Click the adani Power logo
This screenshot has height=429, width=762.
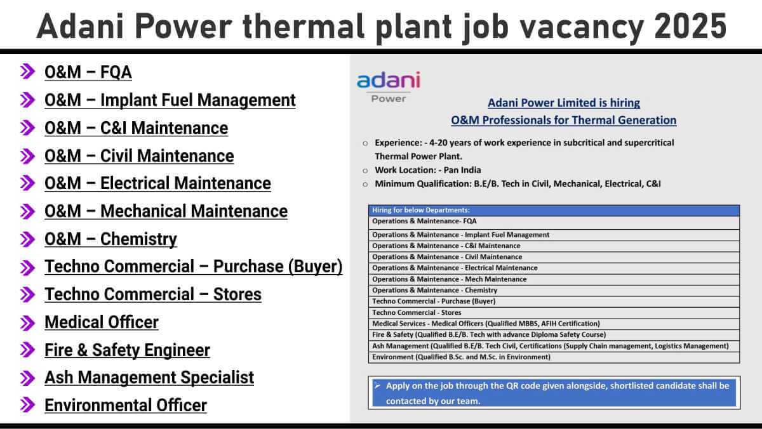(389, 87)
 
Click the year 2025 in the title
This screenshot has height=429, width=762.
(690, 26)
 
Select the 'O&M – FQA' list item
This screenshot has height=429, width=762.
(88, 72)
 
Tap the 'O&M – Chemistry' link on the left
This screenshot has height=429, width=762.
(110, 239)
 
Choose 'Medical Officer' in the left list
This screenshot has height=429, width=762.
(102, 322)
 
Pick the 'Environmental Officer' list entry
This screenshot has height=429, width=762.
(126, 406)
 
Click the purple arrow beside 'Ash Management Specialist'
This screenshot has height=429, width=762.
(27, 378)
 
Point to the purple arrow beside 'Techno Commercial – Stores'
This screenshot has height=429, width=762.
(27, 294)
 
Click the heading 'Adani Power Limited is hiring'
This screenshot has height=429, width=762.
(564, 103)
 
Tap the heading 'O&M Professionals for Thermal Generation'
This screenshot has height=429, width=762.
(564, 121)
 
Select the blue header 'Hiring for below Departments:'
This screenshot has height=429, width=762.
(421, 210)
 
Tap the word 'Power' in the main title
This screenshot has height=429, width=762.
(184, 26)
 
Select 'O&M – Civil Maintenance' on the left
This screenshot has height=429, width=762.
(139, 156)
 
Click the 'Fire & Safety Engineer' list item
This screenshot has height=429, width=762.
(127, 350)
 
